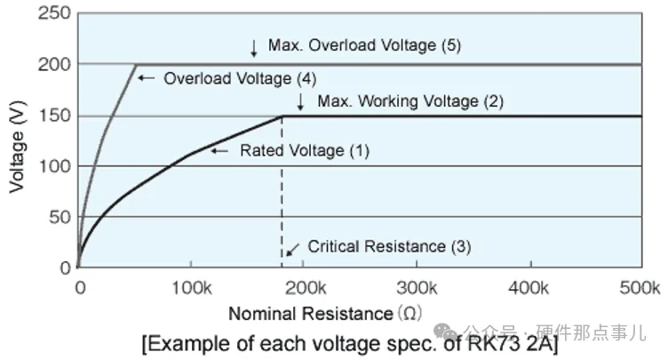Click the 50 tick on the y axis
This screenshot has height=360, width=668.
58,217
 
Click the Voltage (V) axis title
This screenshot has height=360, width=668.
17,141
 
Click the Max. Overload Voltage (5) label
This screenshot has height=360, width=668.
354,44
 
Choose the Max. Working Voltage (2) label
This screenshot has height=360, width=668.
410,100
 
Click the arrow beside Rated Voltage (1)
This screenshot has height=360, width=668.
219,151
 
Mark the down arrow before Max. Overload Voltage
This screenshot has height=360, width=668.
253,45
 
